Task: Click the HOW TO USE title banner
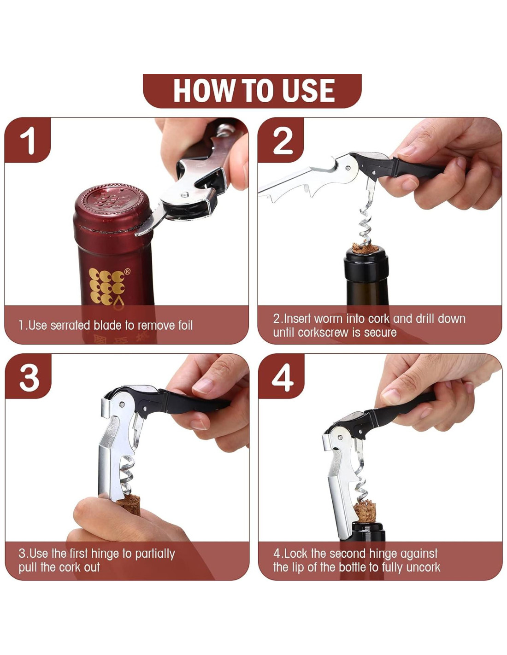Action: point(252,91)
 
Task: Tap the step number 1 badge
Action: point(28,140)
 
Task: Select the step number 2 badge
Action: point(281,140)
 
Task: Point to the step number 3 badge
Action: point(29,376)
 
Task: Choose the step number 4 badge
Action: point(282,376)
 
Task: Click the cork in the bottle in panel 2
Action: point(365,249)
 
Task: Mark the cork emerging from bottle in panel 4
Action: point(365,509)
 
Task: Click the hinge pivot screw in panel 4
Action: point(340,438)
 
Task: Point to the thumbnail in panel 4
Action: point(391,397)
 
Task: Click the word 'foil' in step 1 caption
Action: point(184,326)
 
